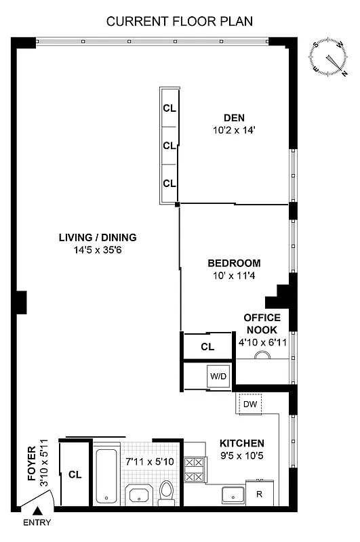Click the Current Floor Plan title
[180, 21]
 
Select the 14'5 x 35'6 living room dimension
[98, 250]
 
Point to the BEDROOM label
[234, 263]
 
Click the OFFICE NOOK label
[262, 323]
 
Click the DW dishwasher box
[250, 404]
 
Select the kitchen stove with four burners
[195, 470]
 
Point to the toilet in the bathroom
[167, 493]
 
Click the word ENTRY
[37, 523]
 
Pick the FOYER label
[31, 468]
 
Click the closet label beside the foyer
[75, 475]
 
